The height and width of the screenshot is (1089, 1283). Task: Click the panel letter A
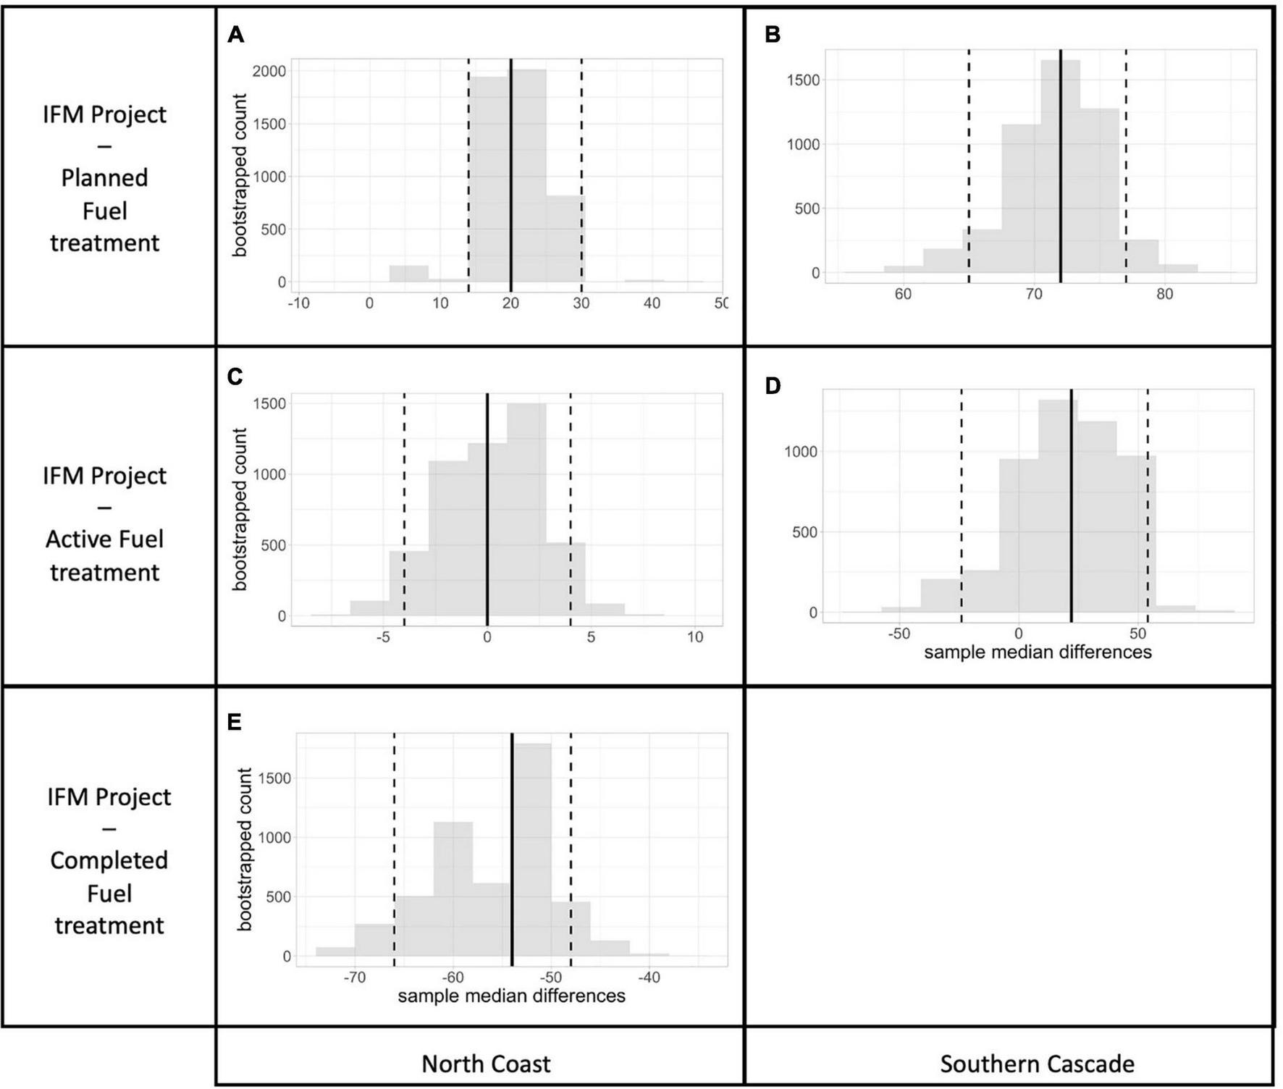(x=235, y=34)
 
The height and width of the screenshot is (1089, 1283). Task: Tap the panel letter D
(x=773, y=386)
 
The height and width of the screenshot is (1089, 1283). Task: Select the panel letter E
(x=234, y=722)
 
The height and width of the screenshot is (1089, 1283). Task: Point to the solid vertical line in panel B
(x=1060, y=167)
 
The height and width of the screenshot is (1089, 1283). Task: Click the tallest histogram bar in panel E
(x=531, y=854)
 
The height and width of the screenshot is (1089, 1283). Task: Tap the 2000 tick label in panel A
(x=269, y=71)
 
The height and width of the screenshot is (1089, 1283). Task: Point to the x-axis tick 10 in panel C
(x=694, y=637)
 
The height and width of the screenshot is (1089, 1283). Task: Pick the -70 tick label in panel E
(x=353, y=977)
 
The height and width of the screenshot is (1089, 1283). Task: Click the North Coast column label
(x=486, y=1064)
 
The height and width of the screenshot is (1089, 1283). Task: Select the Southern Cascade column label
(x=1037, y=1064)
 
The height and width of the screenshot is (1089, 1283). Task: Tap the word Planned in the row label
(x=104, y=178)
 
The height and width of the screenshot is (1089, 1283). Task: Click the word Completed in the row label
(x=109, y=860)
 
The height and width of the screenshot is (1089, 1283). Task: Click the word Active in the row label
(x=75, y=539)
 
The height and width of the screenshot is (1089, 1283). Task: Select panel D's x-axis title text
(x=1037, y=652)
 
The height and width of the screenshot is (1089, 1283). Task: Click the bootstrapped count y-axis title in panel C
(x=240, y=509)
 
